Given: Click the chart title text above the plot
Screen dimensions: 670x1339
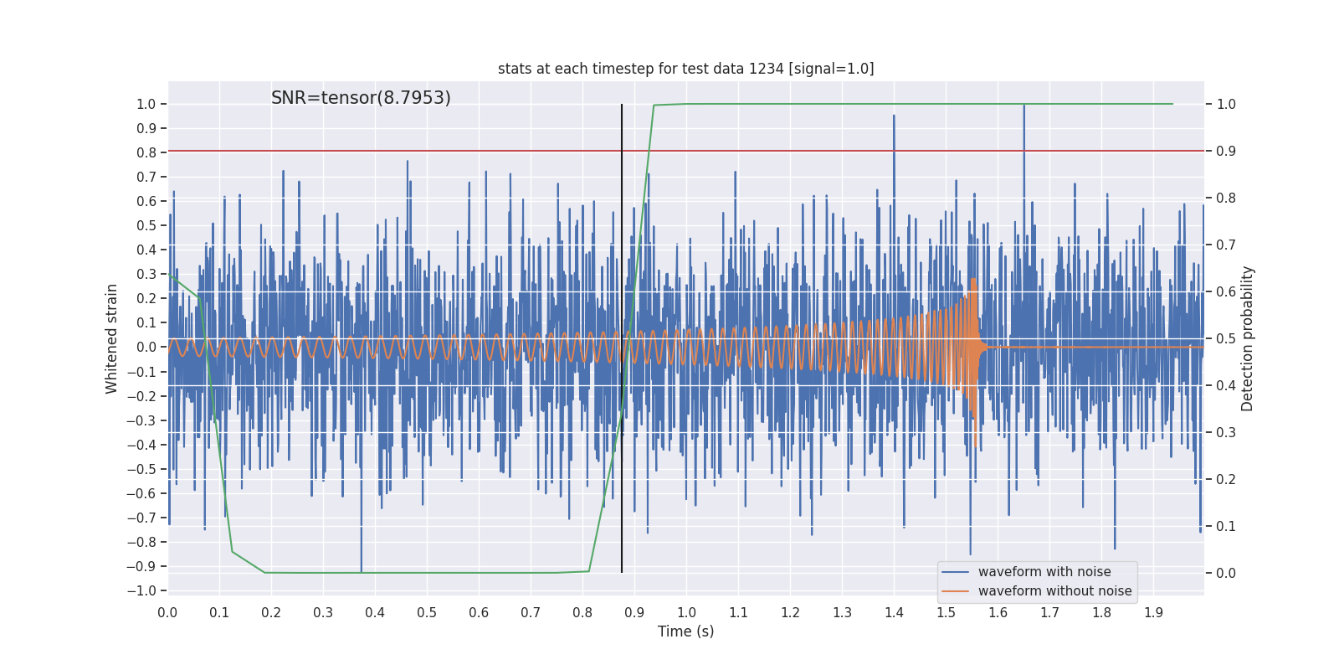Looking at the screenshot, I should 685,69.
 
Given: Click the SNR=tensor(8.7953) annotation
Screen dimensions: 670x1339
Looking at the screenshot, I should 361,98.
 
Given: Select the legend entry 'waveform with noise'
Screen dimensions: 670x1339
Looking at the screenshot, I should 1044,572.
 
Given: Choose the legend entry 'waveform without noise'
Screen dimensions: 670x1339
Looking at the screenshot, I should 1054,591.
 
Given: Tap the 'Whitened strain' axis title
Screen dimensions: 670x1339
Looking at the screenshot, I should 112,338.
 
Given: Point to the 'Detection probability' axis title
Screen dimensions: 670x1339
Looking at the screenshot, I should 1248,338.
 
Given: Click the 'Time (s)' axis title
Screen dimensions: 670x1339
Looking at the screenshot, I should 685,631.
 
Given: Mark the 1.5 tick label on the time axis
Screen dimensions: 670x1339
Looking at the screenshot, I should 946,613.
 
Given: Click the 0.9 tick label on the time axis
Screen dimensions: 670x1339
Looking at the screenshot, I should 634,613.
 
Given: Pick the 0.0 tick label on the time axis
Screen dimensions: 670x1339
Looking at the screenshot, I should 167,613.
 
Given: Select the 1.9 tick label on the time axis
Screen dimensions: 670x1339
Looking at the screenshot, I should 1153,613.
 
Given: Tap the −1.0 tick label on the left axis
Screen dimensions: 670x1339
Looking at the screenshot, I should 141,590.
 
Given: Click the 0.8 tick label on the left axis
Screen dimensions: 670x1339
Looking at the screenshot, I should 146,152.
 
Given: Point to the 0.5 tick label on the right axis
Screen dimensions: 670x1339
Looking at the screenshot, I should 1226,338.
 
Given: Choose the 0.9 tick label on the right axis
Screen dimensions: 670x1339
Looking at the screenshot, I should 1226,151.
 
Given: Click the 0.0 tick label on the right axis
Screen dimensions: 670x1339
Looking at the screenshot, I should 1226,573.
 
